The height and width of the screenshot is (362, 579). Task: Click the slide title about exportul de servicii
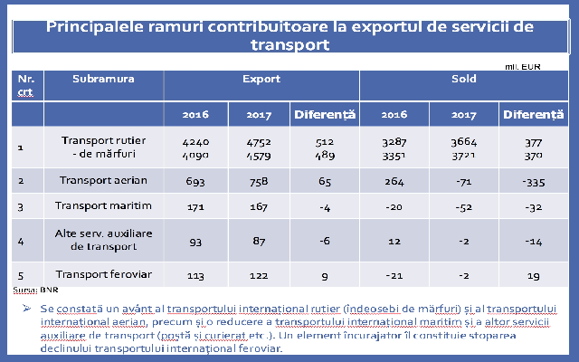click(x=289, y=35)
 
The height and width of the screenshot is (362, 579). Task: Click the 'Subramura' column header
click(x=103, y=80)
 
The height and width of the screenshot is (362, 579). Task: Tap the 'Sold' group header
click(x=463, y=80)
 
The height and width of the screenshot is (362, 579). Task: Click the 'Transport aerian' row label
click(x=103, y=181)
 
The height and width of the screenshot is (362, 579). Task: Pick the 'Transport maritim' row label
click(x=103, y=207)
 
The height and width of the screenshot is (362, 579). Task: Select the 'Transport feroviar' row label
click(x=103, y=274)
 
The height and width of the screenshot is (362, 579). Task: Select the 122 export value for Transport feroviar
click(x=260, y=275)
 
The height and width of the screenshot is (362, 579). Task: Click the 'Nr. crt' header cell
click(x=25, y=85)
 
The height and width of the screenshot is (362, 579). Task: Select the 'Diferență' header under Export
click(x=326, y=115)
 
